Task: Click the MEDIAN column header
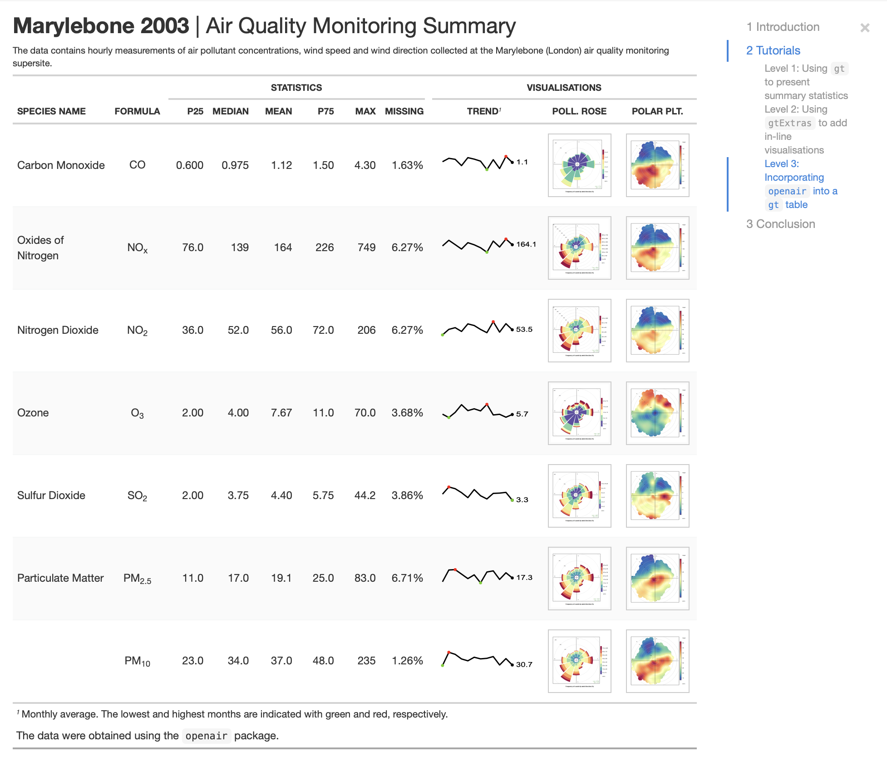pyautogui.click(x=230, y=111)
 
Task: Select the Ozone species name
pyautogui.click(x=33, y=413)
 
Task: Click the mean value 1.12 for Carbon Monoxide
pyautogui.click(x=281, y=165)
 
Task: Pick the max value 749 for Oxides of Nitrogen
pyautogui.click(x=366, y=247)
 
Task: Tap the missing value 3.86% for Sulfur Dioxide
pyautogui.click(x=407, y=495)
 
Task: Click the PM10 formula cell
pyautogui.click(x=137, y=661)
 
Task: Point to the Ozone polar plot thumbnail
pyautogui.click(x=657, y=413)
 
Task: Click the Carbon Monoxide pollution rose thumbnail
pyautogui.click(x=579, y=165)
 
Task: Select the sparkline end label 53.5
pyautogui.click(x=524, y=329)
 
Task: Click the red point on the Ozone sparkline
pyautogui.click(x=487, y=404)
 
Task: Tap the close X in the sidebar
pyautogui.click(x=864, y=28)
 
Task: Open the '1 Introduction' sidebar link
pyautogui.click(x=783, y=27)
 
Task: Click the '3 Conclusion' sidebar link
pyautogui.click(x=780, y=224)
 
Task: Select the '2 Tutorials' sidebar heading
pyautogui.click(x=773, y=50)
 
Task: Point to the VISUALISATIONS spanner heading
pyautogui.click(x=563, y=88)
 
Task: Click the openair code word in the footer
pyautogui.click(x=206, y=736)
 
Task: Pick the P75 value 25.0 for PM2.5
pyautogui.click(x=323, y=578)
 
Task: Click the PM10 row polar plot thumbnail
pyautogui.click(x=657, y=661)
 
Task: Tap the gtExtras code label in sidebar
pyautogui.click(x=789, y=123)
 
